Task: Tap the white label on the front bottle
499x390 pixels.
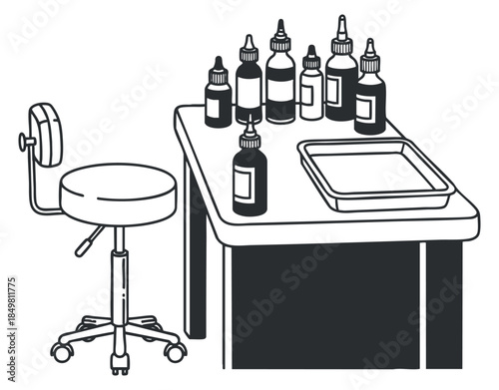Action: (245, 182)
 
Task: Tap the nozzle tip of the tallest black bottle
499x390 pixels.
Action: (341, 23)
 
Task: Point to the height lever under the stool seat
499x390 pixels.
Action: (91, 239)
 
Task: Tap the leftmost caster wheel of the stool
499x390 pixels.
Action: (62, 353)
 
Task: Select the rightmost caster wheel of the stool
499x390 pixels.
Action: (177, 352)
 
